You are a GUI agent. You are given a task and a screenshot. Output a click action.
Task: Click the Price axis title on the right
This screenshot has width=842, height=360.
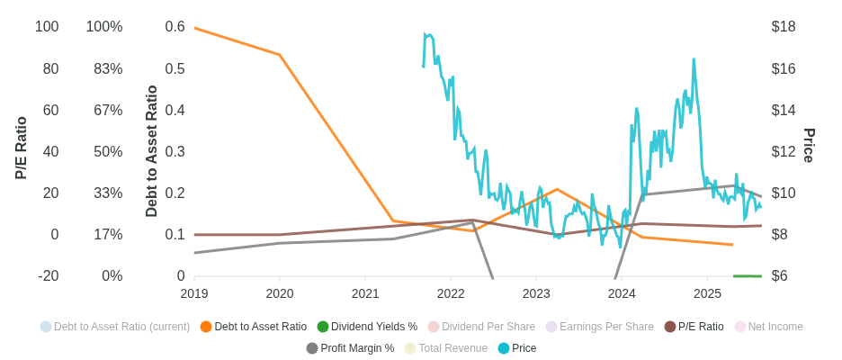[809, 146]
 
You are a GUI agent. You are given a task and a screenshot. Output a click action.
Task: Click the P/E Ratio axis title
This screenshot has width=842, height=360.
[22, 148]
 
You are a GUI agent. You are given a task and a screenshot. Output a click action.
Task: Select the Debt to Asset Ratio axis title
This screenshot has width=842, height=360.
[152, 151]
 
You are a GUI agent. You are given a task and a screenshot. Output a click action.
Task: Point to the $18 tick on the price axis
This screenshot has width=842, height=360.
[784, 27]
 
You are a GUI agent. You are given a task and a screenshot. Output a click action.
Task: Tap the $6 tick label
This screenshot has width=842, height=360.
[780, 276]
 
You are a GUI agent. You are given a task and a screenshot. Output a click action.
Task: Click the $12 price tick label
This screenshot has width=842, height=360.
[784, 152]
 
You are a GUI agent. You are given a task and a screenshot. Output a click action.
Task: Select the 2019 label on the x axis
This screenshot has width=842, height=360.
[194, 293]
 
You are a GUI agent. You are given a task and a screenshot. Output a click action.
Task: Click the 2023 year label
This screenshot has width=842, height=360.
[536, 293]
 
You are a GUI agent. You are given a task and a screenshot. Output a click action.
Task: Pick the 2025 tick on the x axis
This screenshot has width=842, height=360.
[707, 293]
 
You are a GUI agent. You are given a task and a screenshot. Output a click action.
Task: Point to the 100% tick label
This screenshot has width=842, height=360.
[104, 27]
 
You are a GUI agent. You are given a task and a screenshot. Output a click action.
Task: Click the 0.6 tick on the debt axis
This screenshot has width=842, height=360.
[175, 27]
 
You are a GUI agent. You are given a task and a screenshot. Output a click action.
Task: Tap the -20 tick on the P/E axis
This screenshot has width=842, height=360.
[49, 276]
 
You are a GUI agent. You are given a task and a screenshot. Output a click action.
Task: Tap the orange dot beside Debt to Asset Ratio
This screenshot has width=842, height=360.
[206, 327]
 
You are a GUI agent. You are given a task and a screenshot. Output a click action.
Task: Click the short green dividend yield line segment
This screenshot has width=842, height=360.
[748, 276]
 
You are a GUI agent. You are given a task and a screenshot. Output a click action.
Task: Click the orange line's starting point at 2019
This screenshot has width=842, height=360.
[195, 29]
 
